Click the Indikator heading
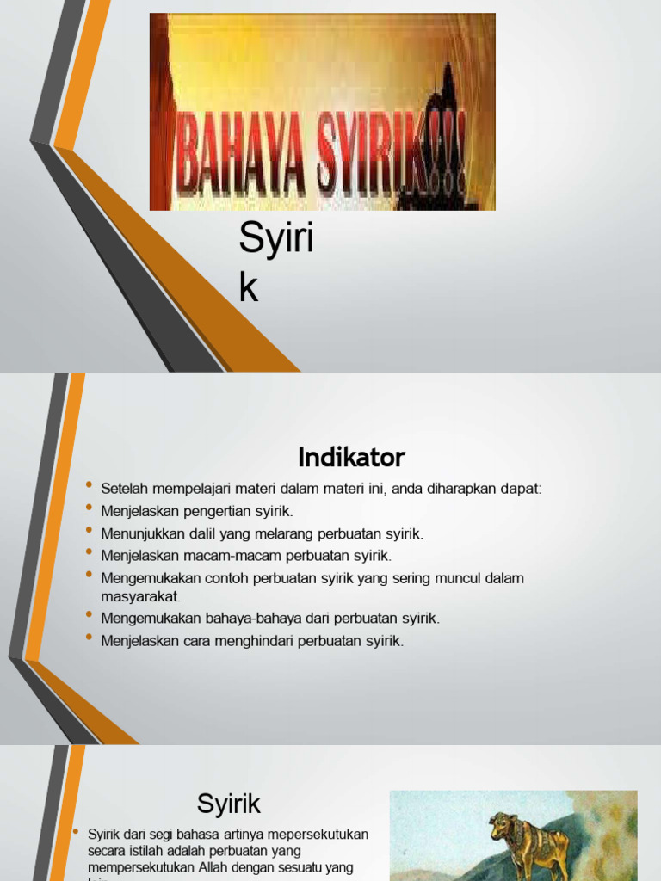coord(351,457)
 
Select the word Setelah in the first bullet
coord(123,489)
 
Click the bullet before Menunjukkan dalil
coord(90,531)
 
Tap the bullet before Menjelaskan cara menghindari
coord(90,638)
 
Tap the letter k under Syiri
coord(249,289)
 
